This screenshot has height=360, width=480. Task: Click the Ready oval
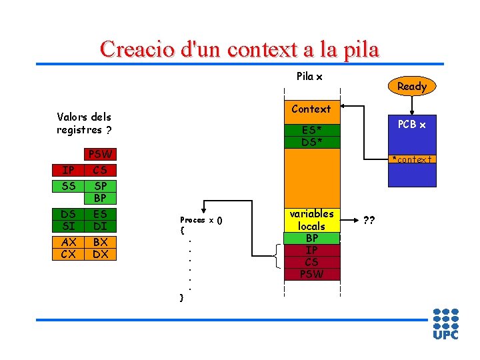[411, 86]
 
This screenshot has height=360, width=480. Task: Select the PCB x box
[412, 125]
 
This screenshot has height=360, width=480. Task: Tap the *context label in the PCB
[411, 159]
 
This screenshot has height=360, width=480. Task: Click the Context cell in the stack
[311, 109]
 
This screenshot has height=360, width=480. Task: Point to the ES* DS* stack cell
[311, 136]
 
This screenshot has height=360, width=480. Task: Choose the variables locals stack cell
[311, 220]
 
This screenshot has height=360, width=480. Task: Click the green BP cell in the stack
[311, 238]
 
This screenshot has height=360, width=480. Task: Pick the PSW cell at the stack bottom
[311, 273]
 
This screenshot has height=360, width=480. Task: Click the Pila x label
[309, 77]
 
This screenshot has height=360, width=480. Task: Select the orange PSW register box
[101, 154]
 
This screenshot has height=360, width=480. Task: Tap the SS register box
[69, 186]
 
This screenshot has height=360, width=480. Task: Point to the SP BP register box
[101, 192]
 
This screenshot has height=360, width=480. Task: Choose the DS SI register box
[69, 220]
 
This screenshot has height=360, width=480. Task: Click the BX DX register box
[101, 248]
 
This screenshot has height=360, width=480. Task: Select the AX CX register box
[69, 248]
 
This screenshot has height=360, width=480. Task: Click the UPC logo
[445, 324]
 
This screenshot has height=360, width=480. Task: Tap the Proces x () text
[201, 220]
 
